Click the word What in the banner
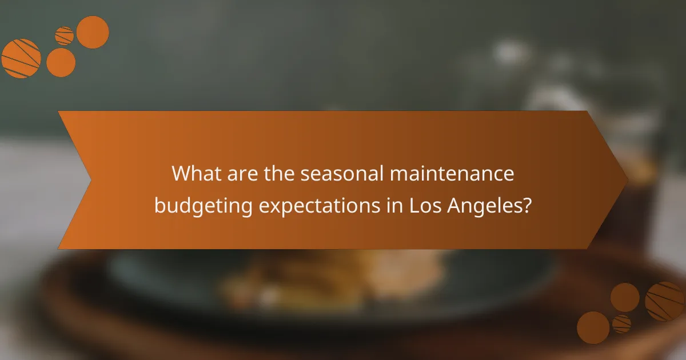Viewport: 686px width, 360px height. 196,173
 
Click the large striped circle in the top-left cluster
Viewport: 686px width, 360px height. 21,58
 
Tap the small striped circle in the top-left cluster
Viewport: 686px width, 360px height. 64,35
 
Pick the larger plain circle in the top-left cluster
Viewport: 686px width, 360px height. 93,32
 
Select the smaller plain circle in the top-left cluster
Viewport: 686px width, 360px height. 61,62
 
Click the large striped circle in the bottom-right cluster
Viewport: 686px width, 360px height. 665,301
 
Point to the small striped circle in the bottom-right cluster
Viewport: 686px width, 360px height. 621,324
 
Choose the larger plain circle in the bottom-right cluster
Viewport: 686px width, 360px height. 593,327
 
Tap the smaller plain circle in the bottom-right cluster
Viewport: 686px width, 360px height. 625,297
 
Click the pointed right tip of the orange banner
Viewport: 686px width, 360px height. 626,180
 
